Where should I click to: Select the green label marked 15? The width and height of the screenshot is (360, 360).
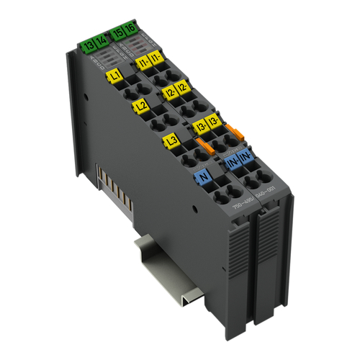pyautogui.click(x=117, y=31)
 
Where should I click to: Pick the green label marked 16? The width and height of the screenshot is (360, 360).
pyautogui.click(x=130, y=30)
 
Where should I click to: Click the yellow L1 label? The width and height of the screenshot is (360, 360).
pyautogui.click(x=114, y=74)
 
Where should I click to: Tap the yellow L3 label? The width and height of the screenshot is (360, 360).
pyautogui.click(x=171, y=140)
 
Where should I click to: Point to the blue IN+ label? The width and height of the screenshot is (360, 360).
pyautogui.click(x=233, y=164)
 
